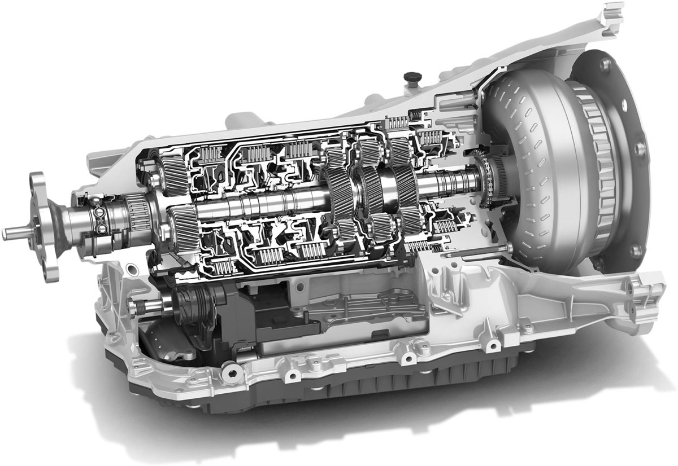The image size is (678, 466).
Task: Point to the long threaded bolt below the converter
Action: coord(477,252)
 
